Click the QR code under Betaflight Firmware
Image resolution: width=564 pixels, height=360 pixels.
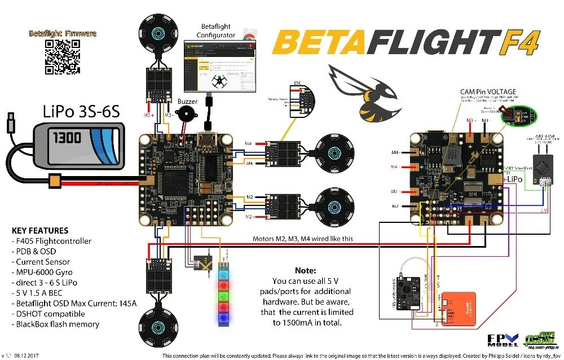coord(62,56)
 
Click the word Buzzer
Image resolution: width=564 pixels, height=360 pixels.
coord(188,102)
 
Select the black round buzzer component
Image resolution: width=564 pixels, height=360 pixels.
coord(185,118)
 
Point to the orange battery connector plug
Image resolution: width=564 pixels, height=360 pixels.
coord(55,182)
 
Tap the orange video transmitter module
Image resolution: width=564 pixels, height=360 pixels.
coord(457,309)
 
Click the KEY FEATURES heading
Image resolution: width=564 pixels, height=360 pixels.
coord(40,230)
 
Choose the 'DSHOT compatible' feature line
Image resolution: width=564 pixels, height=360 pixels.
coord(50,314)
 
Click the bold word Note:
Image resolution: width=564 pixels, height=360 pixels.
coord(305,271)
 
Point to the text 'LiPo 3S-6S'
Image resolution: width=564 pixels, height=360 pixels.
coord(81,111)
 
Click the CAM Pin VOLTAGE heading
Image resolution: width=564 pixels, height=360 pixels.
coord(488,91)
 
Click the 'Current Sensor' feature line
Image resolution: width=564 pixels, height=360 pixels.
coord(43,262)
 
